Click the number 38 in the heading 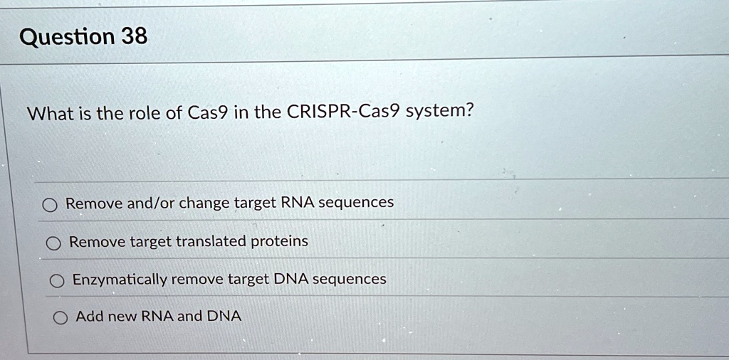[x=134, y=36]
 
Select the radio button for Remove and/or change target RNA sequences [x=49, y=206]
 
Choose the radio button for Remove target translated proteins [x=53, y=244]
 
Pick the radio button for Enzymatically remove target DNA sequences [x=56, y=282]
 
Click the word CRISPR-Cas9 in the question [x=343, y=112]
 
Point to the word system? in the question [x=439, y=112]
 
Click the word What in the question [x=49, y=113]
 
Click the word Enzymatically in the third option [x=120, y=280]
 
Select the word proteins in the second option [x=279, y=241]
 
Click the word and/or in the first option [x=150, y=203]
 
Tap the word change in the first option [x=204, y=203]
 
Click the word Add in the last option [x=89, y=316]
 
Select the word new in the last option [x=122, y=317]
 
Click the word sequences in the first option [x=356, y=203]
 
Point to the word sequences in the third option [x=350, y=279]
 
